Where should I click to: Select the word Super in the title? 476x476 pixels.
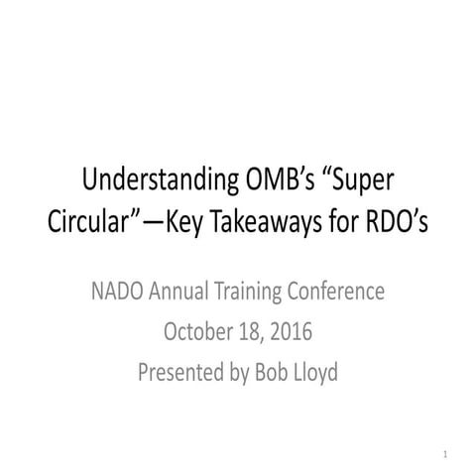coord(349,182)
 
